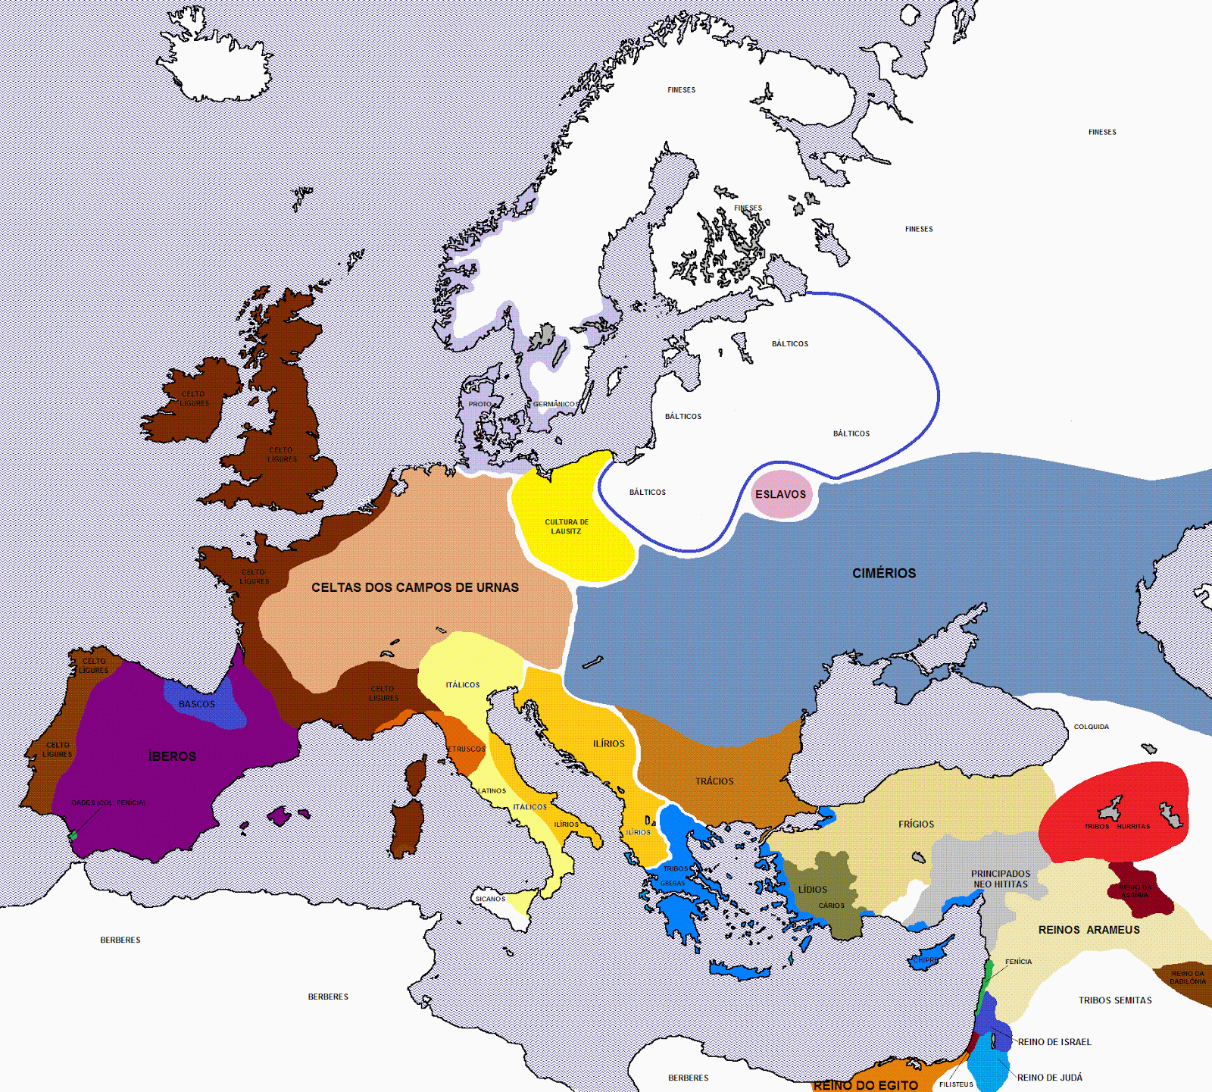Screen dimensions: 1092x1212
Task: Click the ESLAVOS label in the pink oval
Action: click(x=780, y=494)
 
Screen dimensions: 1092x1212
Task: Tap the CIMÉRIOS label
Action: click(x=884, y=574)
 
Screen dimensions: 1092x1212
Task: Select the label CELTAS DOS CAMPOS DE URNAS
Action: click(x=415, y=587)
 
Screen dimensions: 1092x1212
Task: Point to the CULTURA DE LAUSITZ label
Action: click(x=567, y=527)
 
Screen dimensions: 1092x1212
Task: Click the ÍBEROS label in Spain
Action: click(x=173, y=756)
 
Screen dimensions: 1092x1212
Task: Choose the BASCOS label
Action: click(x=197, y=704)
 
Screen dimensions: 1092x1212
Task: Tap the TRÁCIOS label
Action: click(x=714, y=781)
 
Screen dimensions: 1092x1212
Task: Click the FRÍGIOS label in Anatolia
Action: click(x=916, y=824)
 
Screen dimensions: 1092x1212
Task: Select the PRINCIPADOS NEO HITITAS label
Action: click(x=1001, y=879)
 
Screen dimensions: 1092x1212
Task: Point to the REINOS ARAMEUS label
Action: click(x=1089, y=930)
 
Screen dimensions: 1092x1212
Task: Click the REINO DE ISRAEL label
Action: click(x=1054, y=1042)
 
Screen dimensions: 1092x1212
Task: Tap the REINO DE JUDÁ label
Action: click(x=1049, y=1078)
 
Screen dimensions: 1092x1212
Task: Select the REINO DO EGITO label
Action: click(x=865, y=1085)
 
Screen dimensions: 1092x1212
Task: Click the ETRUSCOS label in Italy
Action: click(x=467, y=749)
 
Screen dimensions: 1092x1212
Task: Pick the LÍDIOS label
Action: click(x=813, y=890)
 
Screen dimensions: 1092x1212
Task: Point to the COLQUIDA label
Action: click(x=1091, y=727)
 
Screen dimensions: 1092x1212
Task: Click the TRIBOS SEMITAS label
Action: click(x=1115, y=1000)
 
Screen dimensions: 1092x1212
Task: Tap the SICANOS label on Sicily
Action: click(x=490, y=899)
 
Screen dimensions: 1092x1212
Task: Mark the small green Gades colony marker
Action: click(x=73, y=836)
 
